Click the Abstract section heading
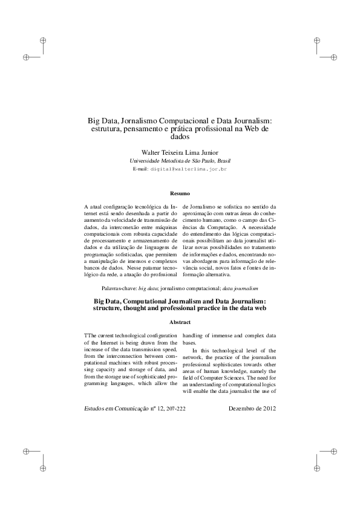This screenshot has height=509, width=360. pyautogui.click(x=180, y=322)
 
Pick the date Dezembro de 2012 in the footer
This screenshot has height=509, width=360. pyautogui.click(x=252, y=408)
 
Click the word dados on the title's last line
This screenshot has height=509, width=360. pyautogui.click(x=180, y=137)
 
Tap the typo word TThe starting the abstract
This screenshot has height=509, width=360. pyautogui.click(x=90, y=335)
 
